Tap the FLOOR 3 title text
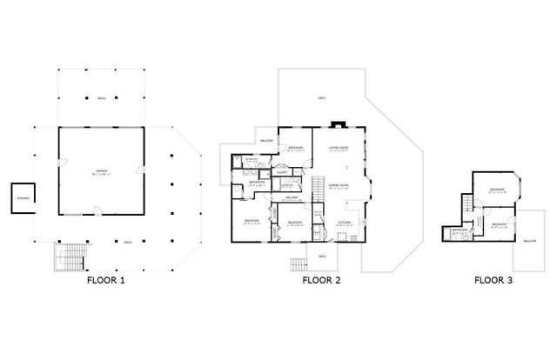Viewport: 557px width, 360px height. (493, 281)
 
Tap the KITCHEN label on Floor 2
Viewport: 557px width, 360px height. (345, 223)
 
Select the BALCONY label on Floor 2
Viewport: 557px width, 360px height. (267, 141)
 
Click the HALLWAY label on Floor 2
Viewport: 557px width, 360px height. (292, 197)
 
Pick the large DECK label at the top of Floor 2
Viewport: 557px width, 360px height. (322, 97)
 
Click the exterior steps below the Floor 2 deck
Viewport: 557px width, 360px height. (299, 263)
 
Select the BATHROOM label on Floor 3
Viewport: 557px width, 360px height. (458, 230)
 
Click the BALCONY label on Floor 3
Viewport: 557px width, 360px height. (530, 241)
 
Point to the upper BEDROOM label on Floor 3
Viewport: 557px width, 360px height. (496, 189)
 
